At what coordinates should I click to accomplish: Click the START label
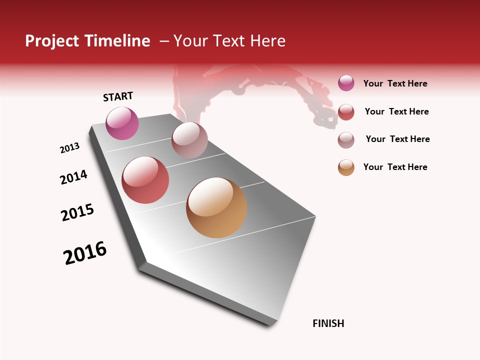point(118,96)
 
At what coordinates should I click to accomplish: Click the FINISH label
point(328,323)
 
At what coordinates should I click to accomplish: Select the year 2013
point(69,147)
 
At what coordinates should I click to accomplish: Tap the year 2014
point(73,177)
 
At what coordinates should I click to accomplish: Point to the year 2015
point(77,212)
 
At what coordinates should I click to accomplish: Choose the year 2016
point(85,253)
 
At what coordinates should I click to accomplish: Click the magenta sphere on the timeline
point(122,123)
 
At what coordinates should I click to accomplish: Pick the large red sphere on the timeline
point(145,180)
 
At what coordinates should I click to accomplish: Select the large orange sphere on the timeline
point(216,207)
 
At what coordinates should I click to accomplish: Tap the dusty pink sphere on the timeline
point(189,140)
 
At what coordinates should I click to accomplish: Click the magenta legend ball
point(346,83)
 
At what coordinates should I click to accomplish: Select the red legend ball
point(346,112)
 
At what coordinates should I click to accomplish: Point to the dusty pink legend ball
point(346,140)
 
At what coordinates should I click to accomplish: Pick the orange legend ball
point(346,167)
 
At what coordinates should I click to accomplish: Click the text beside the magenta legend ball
point(395,84)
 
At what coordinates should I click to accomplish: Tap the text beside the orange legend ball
point(395,167)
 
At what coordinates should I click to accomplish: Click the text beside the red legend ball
point(396,111)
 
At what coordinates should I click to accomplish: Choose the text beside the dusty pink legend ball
point(397,139)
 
